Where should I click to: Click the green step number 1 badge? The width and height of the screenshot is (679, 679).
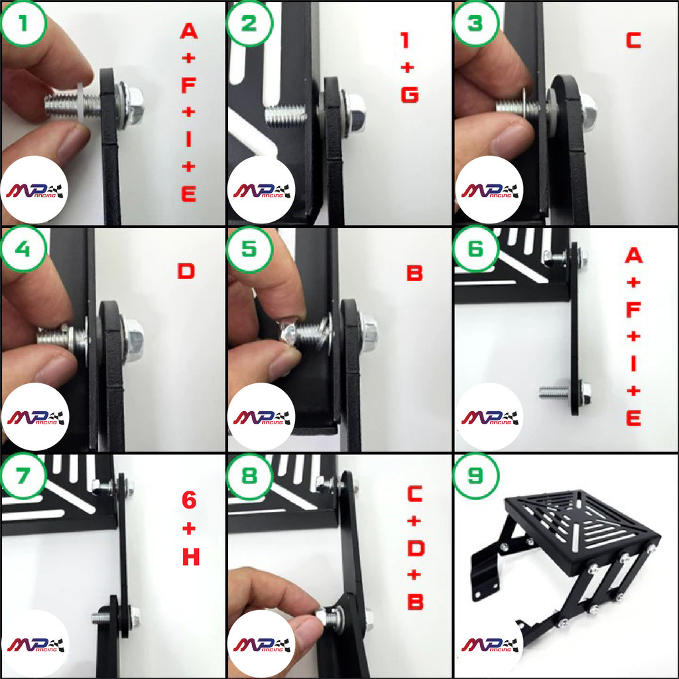[23, 23]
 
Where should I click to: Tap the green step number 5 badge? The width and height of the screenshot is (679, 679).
[249, 249]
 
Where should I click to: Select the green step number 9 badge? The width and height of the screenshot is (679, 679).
[475, 475]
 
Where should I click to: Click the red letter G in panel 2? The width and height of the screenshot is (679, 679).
[410, 95]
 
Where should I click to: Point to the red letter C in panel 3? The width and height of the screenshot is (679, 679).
[633, 40]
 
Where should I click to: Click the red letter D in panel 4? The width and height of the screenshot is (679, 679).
[186, 271]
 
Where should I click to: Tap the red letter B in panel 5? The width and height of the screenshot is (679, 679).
[414, 273]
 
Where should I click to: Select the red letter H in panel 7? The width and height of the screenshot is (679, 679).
[191, 557]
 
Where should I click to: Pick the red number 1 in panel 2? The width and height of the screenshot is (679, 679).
[405, 40]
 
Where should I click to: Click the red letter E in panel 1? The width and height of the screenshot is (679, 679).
[189, 194]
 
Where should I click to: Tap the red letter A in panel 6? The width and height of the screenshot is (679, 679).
[633, 255]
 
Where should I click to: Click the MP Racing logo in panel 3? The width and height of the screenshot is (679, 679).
[489, 190]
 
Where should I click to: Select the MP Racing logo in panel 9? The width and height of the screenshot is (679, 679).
[489, 644]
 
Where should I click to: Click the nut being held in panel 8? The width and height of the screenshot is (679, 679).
[324, 617]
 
